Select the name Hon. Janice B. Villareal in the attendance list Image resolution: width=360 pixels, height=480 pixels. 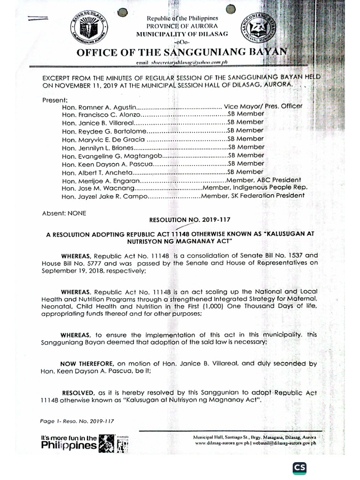point(93,123)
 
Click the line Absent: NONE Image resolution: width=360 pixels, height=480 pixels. point(64,213)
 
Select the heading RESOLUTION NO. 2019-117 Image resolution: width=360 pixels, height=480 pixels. point(190,219)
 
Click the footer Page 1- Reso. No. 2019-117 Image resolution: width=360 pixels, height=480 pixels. point(77,421)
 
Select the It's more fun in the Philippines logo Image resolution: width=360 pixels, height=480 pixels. point(83,442)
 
